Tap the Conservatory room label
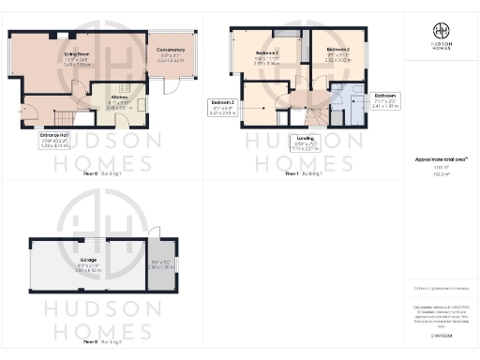[x=172, y=52]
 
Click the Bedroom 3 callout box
[x=222, y=108]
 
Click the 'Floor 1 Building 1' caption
[x=304, y=173]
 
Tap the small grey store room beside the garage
[x=160, y=265]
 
